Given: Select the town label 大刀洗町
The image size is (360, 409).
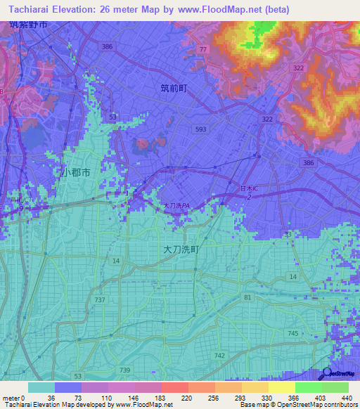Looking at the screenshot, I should [x=181, y=249].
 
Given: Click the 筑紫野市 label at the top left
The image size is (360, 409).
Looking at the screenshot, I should [x=28, y=25].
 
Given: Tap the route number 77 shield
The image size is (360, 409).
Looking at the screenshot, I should [x=203, y=49].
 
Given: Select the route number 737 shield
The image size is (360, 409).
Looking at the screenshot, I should [x=101, y=300].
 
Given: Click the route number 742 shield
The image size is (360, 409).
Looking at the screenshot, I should [x=220, y=357].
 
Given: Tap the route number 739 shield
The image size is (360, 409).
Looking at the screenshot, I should [x=124, y=370].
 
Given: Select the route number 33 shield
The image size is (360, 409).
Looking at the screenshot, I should [x=287, y=233].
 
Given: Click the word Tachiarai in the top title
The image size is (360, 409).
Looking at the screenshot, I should [x=34, y=8].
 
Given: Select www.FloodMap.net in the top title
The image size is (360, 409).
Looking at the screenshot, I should [x=222, y=8].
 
